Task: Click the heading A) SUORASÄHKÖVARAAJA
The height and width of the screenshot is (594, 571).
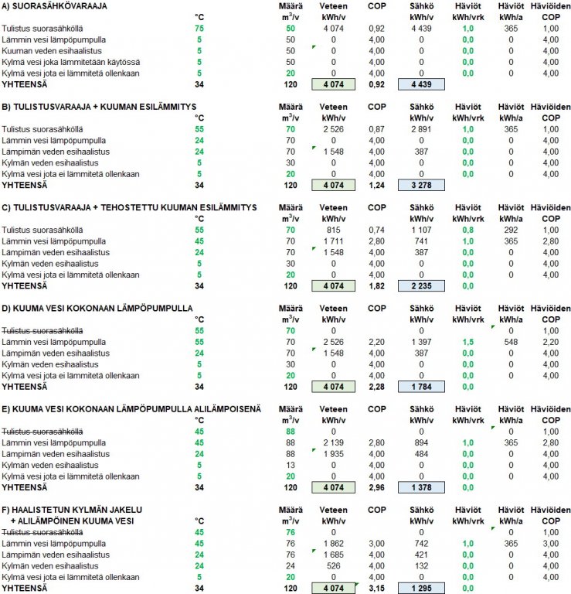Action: (x=54, y=6)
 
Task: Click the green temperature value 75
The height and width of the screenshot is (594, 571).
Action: (x=199, y=27)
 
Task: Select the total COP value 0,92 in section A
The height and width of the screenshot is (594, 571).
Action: (x=376, y=84)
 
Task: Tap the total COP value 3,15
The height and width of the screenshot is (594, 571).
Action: (x=376, y=588)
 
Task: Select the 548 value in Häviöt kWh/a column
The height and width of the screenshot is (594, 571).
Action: (x=509, y=341)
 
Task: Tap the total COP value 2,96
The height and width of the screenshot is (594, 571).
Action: (x=376, y=487)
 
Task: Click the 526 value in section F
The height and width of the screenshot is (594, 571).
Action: (x=332, y=565)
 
